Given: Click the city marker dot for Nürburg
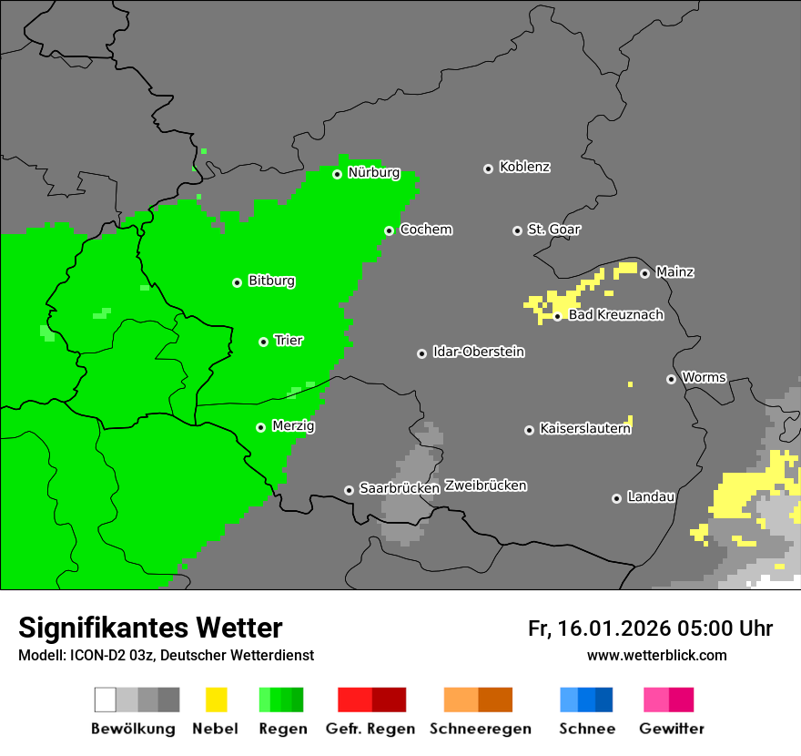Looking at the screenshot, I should [337, 174].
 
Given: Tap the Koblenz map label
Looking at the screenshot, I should [524, 167].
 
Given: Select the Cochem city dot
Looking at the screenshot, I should [389, 230].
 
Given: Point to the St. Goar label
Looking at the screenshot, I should [553, 230].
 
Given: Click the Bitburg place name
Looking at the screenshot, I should [271, 281].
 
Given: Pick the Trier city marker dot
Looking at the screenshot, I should [263, 342].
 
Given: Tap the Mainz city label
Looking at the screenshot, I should [674, 271].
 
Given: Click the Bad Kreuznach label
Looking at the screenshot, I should [615, 315].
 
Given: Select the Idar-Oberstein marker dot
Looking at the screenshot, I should [421, 353].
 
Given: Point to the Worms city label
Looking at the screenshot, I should [704, 377].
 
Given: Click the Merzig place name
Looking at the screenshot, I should [294, 425].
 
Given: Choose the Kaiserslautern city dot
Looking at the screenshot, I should [529, 430].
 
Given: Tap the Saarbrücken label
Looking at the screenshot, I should [400, 488].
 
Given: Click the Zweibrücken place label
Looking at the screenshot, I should [485, 485].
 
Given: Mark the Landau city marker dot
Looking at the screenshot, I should [616, 498].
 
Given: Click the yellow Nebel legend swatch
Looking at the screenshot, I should [216, 700].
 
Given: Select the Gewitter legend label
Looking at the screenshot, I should [671, 729].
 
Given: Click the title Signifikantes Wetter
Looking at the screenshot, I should [150, 628].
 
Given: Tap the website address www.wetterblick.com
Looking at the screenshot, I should [656, 655].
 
